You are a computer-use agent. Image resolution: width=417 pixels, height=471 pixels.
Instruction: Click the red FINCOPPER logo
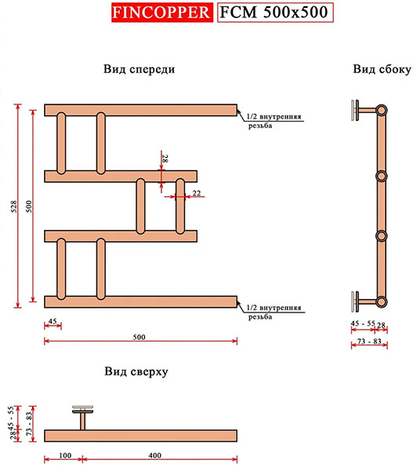[x=162, y=13]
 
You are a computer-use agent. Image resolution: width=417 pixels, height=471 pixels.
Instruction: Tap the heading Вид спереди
[x=139, y=69]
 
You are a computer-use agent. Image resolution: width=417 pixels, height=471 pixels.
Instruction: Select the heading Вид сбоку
[x=382, y=69]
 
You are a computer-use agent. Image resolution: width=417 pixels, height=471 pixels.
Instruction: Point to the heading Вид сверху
[x=136, y=371]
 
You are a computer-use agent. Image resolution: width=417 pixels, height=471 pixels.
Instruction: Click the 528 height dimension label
[x=14, y=206]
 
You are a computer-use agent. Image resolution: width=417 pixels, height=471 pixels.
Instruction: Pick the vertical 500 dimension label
[x=29, y=206]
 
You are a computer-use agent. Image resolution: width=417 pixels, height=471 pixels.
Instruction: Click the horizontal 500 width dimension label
[x=139, y=337]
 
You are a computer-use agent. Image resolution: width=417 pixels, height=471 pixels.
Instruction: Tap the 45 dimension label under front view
[x=53, y=321]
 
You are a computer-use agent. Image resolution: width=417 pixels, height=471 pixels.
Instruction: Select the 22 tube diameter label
[x=197, y=193]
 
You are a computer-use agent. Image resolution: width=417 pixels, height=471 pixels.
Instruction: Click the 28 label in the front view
[x=165, y=159]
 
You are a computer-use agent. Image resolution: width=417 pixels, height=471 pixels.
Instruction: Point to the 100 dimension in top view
[x=65, y=455]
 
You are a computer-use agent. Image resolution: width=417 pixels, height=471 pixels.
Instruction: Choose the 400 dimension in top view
[x=154, y=455]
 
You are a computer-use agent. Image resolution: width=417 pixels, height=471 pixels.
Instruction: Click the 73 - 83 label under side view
[x=369, y=341]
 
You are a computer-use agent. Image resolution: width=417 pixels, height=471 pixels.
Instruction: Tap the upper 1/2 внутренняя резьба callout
[x=274, y=121]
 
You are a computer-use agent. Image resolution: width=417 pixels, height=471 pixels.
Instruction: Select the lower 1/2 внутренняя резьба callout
[x=274, y=312]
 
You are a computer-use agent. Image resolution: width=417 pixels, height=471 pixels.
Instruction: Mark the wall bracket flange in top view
[x=83, y=409]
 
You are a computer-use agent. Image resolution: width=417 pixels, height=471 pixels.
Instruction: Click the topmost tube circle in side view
[x=381, y=110]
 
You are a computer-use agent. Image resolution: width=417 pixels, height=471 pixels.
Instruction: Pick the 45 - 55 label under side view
[x=363, y=323]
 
